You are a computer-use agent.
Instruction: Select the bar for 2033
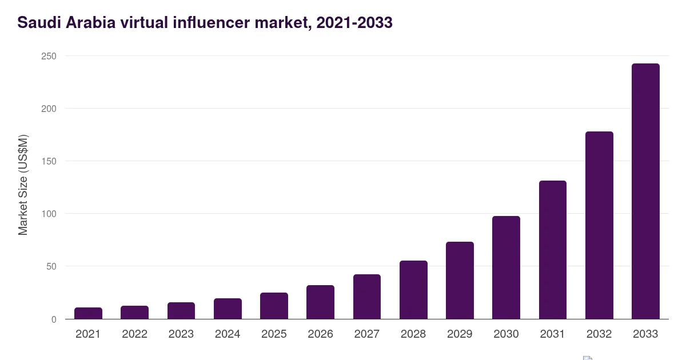point(645,191)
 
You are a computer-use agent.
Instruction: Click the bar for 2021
point(88,314)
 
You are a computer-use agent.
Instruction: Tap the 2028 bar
point(413,290)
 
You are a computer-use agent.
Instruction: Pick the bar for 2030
point(506,267)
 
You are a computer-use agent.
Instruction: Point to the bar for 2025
point(274,306)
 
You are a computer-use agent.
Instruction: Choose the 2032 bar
point(599,225)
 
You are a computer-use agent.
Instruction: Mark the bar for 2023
point(181,311)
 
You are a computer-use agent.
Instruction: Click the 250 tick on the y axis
point(49,57)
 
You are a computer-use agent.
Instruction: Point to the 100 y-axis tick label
point(49,214)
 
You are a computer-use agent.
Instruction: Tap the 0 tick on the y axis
point(54,319)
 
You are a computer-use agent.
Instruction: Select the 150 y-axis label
point(49,161)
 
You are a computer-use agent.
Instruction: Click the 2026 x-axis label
point(320,334)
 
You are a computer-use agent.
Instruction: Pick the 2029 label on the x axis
point(460,334)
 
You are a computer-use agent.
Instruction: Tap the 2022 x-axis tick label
point(135,334)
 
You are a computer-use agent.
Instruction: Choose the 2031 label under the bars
point(552,334)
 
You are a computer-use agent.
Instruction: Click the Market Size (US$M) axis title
point(23,185)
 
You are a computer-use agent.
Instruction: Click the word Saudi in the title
point(39,23)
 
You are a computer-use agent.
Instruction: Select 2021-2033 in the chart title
point(354,23)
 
